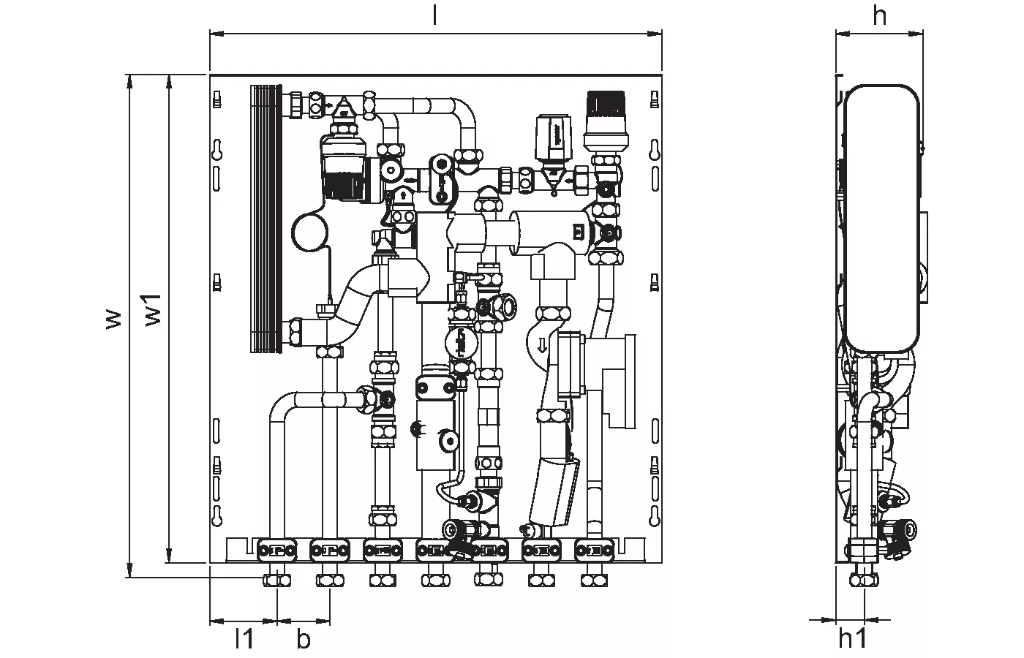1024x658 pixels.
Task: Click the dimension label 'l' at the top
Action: point(434,16)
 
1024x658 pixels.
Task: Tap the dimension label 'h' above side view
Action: point(879,16)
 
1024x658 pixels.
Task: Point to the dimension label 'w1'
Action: point(154,310)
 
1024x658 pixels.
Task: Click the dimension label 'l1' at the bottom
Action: point(244,638)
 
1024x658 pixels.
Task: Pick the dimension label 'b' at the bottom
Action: point(303,638)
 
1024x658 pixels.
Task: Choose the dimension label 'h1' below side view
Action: point(853,638)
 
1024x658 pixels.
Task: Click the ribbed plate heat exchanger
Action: point(266,219)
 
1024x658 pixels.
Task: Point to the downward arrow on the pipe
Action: point(542,345)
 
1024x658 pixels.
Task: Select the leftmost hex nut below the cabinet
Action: point(277,581)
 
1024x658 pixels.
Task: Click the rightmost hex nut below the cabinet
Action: point(594,581)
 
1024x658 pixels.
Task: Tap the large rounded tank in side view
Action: point(881,219)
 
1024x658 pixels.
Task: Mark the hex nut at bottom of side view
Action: point(864,581)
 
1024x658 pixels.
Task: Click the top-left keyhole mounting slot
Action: point(217,150)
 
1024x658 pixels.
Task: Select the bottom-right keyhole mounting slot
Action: point(655,516)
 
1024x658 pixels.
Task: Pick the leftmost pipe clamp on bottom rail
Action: point(277,551)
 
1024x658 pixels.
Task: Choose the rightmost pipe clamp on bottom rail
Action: point(594,551)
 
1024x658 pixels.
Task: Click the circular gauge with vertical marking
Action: point(462,344)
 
